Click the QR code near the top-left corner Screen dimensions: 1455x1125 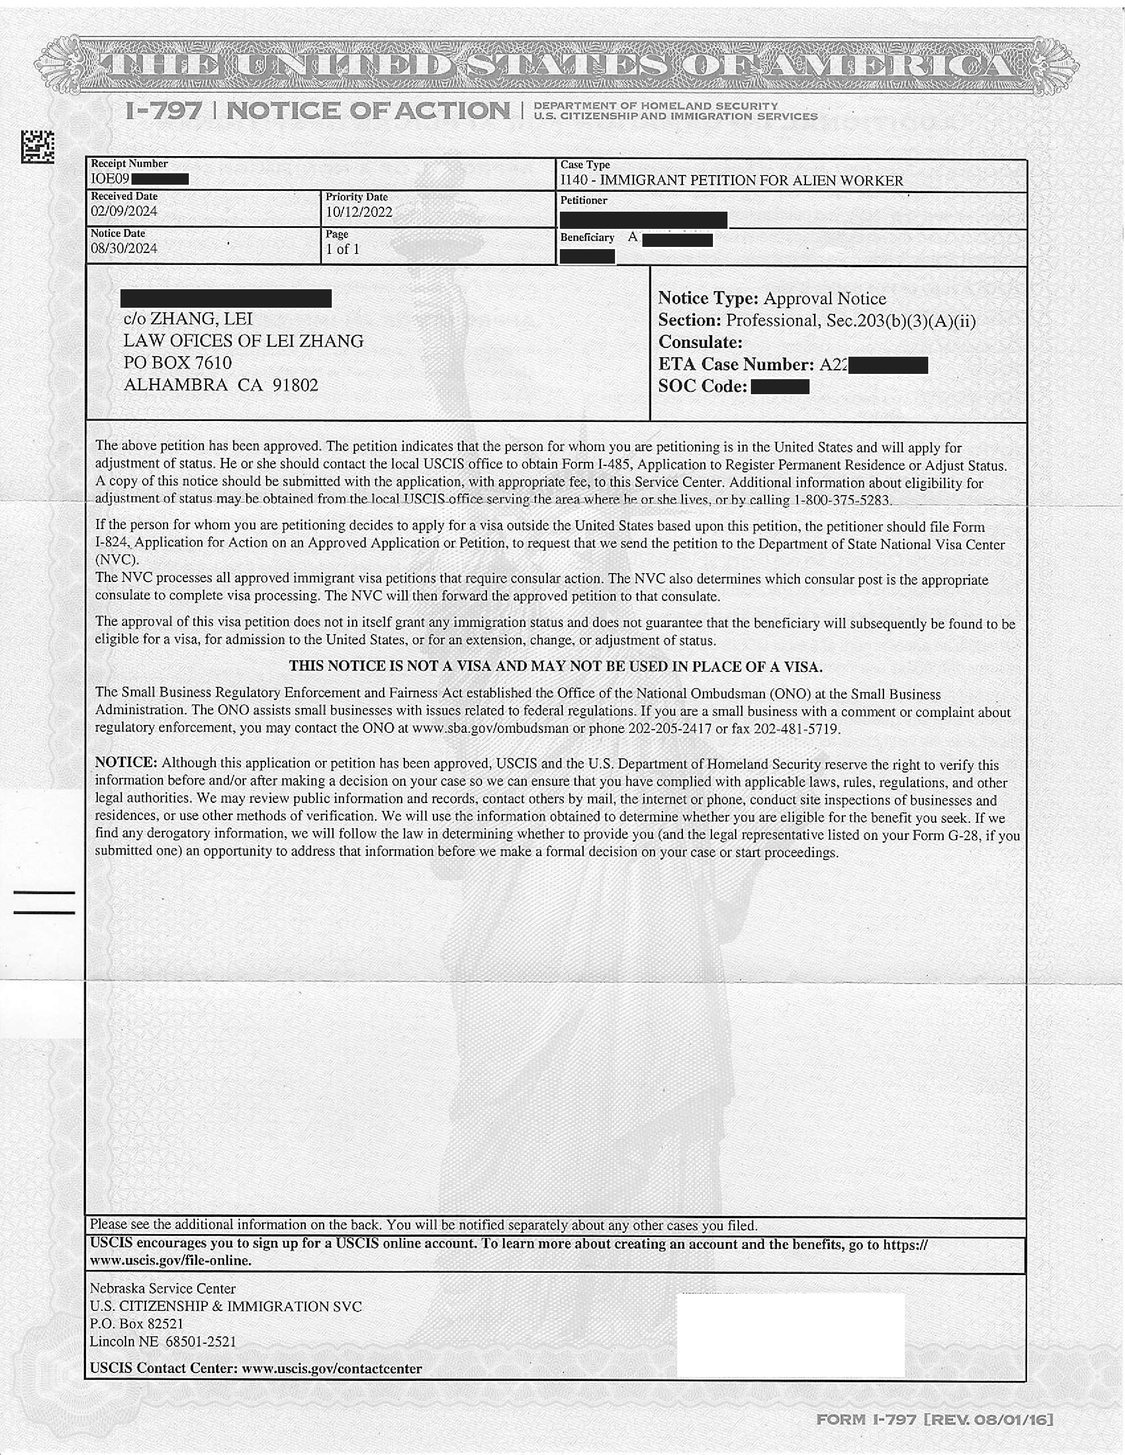pos(37,146)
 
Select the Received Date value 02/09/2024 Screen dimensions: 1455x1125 pos(124,212)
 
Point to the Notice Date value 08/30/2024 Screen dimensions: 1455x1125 pos(124,249)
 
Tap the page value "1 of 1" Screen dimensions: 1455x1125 pos(342,249)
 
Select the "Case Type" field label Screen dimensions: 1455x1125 pos(585,164)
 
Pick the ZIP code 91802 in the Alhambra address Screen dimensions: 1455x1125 pos(295,385)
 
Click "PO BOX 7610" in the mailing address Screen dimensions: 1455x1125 pos(178,363)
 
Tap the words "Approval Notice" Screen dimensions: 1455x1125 pos(825,298)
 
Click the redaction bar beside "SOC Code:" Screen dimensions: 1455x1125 pos(780,386)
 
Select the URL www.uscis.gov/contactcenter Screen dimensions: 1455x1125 pos(331,1369)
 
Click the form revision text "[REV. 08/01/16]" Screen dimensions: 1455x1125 pos(988,1420)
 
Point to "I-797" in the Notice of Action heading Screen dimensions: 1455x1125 pos(163,111)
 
